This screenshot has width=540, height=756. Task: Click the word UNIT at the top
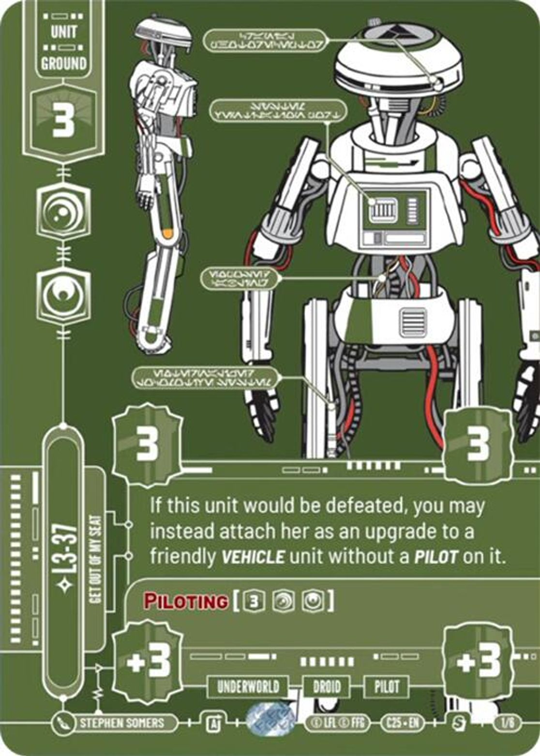coord(64,32)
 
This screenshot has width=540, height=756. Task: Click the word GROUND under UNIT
coord(64,63)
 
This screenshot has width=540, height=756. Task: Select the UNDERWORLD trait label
coord(248,686)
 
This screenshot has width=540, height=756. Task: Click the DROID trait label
coord(327,686)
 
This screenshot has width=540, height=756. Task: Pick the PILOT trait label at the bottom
coord(387,686)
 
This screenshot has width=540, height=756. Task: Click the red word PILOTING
coord(186,601)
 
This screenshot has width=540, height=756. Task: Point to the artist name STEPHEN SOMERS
coord(122,724)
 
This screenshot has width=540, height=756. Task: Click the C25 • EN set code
coord(402,724)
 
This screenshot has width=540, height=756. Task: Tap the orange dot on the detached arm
coord(166,233)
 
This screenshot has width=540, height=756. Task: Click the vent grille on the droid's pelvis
coord(413,322)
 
